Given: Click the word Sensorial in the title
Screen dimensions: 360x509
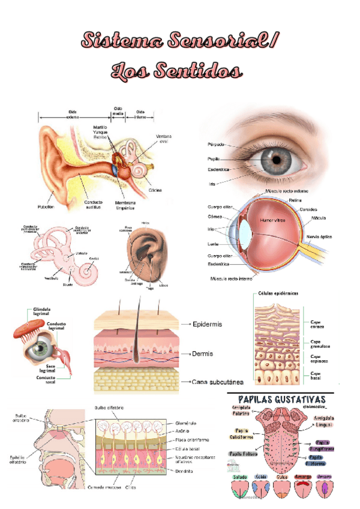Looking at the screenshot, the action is pyautogui.click(x=208, y=41).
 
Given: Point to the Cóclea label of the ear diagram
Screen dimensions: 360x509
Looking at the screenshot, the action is pyautogui.click(x=155, y=190).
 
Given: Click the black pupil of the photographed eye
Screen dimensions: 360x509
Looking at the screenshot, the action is pyautogui.click(x=275, y=160).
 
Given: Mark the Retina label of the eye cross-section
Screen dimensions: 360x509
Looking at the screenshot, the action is pyautogui.click(x=295, y=200).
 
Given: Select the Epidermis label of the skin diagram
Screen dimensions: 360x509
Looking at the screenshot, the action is pyautogui.click(x=207, y=325).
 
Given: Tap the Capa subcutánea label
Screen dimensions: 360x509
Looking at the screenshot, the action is pyautogui.click(x=218, y=382).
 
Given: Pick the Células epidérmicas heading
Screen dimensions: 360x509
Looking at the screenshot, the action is pyautogui.click(x=279, y=294).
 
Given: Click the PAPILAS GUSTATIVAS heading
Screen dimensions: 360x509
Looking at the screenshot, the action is pyautogui.click(x=282, y=399).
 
